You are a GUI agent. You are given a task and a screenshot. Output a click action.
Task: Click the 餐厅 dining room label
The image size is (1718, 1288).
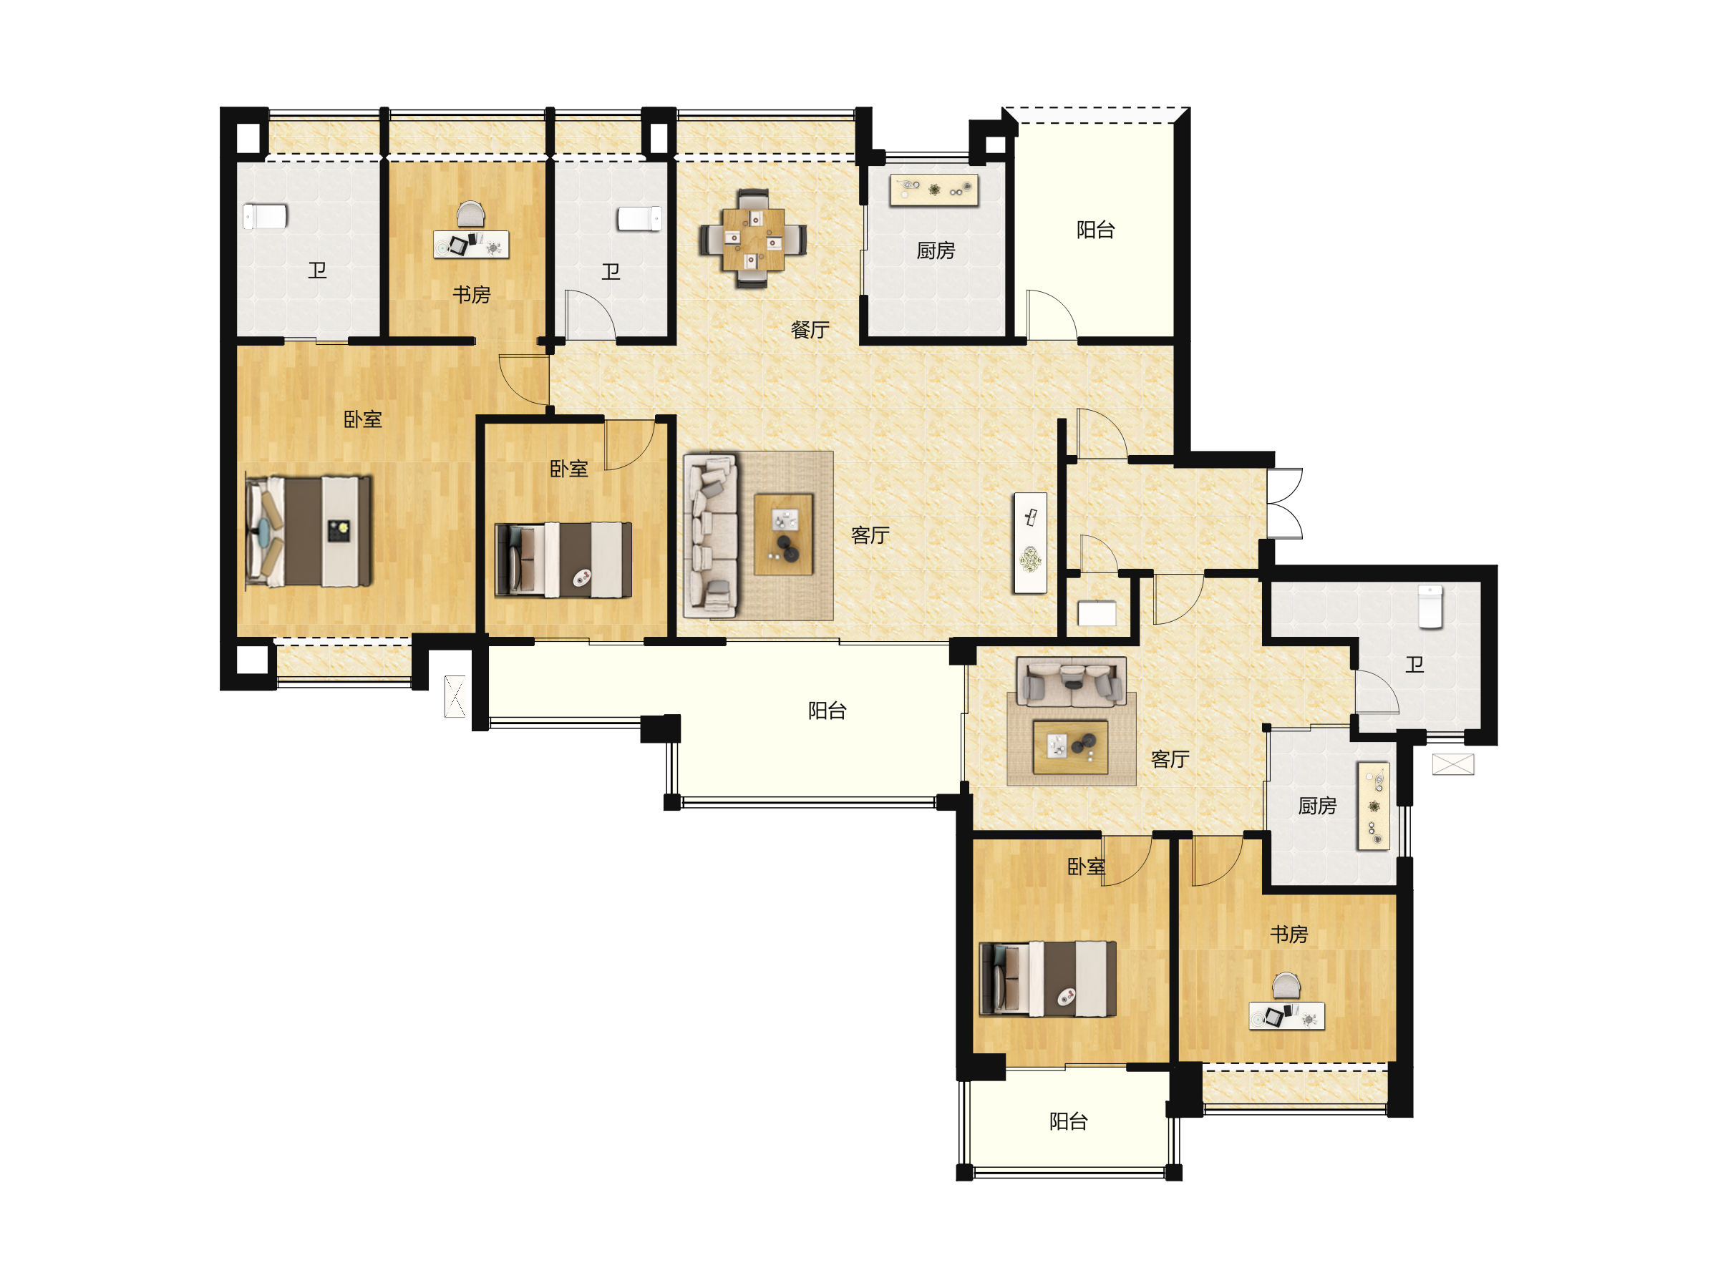[x=810, y=330]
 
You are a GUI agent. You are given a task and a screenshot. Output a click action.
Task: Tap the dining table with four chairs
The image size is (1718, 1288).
[x=752, y=238]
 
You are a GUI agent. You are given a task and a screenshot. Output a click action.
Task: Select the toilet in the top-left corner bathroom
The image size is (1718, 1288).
[x=265, y=217]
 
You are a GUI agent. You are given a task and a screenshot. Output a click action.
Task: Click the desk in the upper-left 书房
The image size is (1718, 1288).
[x=472, y=245]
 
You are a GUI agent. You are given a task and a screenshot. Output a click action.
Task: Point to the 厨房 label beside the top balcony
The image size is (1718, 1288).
[x=935, y=250]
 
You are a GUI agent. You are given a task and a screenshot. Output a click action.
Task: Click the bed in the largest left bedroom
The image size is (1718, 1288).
[x=309, y=532]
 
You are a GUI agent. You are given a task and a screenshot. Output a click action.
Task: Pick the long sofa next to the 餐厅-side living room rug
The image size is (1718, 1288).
[x=711, y=536]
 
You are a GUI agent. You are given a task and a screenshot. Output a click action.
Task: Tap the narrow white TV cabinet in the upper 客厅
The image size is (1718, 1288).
[x=1030, y=542]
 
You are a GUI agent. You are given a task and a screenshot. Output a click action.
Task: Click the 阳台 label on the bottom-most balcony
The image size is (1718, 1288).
[x=1068, y=1121]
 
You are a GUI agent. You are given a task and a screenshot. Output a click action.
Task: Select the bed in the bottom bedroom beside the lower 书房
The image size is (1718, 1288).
[x=1048, y=979]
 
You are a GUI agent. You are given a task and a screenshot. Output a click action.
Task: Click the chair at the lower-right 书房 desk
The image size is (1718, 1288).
[x=1286, y=985]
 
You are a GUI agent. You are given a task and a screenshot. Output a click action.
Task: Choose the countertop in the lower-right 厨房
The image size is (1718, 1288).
[x=1373, y=806]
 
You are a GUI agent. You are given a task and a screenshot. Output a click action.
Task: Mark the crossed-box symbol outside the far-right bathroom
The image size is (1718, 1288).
[x=1453, y=765]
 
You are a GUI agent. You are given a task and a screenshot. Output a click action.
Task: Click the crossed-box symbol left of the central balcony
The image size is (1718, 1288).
[x=455, y=696]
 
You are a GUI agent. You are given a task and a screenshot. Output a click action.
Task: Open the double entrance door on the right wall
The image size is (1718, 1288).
[x=1285, y=503]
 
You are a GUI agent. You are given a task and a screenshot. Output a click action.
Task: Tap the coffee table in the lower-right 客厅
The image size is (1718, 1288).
[x=1070, y=747]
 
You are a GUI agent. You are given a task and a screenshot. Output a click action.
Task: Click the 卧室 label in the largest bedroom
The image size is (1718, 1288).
[x=363, y=419]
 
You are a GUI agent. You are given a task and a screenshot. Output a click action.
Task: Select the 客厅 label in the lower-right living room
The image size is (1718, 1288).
[x=1170, y=758]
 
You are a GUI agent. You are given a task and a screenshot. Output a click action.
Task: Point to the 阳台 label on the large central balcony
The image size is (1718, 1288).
[x=828, y=711]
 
